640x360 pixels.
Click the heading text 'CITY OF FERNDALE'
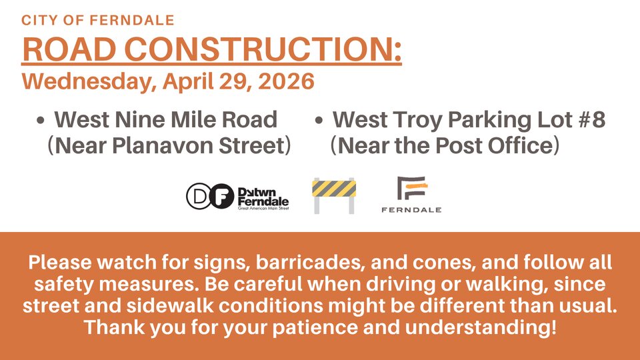97,20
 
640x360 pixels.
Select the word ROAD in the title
69,49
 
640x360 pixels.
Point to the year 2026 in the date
286,81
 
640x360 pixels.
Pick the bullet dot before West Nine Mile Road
40,121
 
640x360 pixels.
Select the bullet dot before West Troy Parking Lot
319,121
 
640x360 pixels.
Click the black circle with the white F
221,196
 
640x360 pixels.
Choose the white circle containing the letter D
199,196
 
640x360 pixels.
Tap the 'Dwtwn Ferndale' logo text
263,197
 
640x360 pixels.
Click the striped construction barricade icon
334,195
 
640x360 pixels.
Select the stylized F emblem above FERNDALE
412,188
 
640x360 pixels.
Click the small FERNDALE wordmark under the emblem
411,210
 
